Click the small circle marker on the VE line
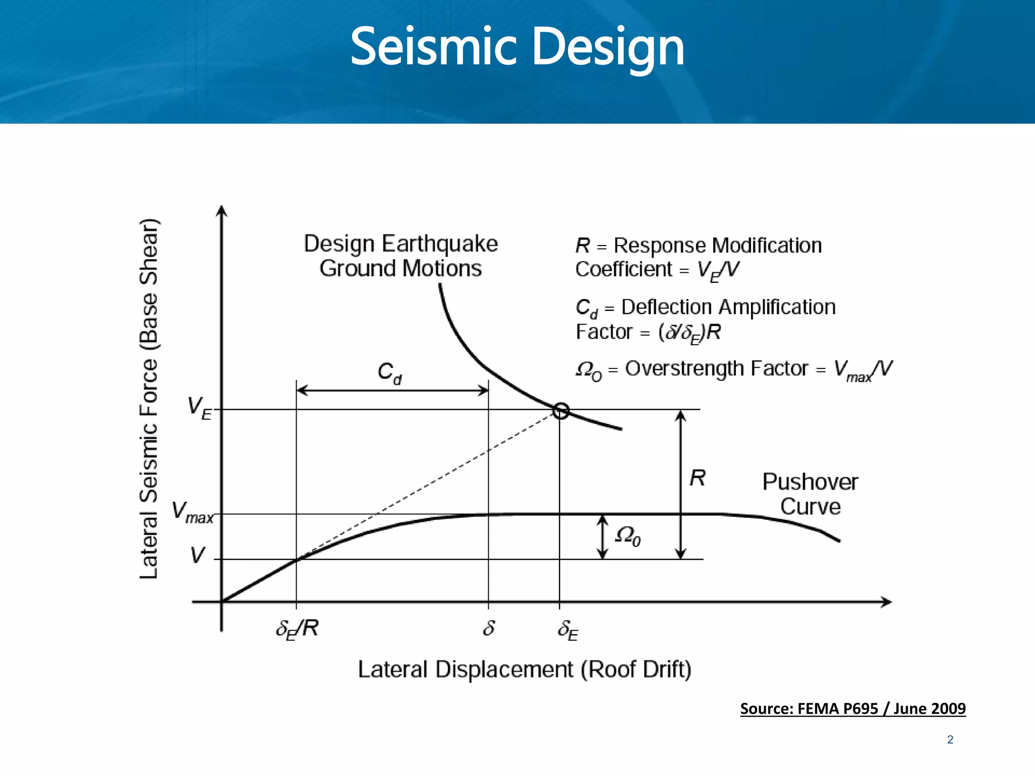point(560,411)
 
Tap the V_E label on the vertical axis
point(199,408)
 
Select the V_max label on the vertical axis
point(192,512)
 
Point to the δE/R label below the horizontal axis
point(297,629)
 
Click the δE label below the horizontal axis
point(568,630)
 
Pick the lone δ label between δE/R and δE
point(489,628)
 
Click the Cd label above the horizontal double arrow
point(389,373)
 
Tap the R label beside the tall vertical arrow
point(697,478)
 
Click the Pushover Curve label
point(810,494)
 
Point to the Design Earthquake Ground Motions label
point(401,256)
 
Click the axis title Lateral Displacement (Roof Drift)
point(524,669)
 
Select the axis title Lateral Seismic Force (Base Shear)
point(149,399)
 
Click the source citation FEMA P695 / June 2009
point(853,709)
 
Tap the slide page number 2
point(950,740)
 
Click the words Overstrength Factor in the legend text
point(716,369)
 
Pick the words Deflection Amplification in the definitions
point(728,307)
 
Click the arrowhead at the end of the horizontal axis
point(886,602)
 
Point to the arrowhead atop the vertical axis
point(221,211)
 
